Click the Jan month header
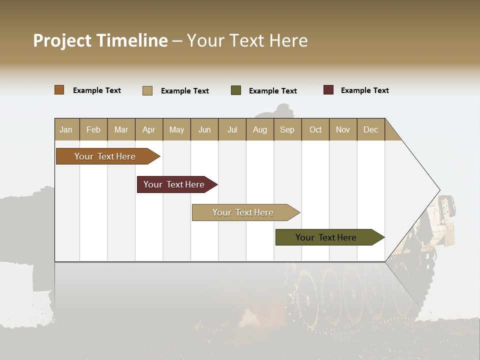[x=66, y=129]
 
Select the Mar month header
[x=121, y=129]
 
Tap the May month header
[x=176, y=129]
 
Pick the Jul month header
[x=232, y=129]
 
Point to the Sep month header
[x=287, y=129]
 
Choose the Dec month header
[x=370, y=129]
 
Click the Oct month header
[x=315, y=129]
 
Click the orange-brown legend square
[x=59, y=90]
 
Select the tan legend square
[x=147, y=90]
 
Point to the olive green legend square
[x=236, y=90]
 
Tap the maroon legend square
[x=328, y=90]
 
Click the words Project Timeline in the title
[x=100, y=40]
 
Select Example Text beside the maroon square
[x=364, y=90]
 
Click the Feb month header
[x=93, y=129]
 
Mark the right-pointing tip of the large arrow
[x=438, y=190]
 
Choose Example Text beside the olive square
[x=272, y=91]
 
